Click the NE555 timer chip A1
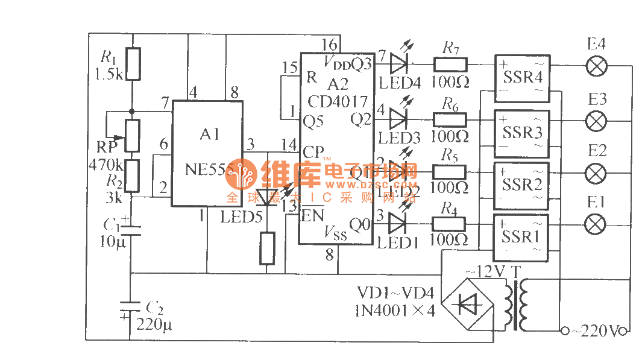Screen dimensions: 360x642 pyautogui.click(x=207, y=154)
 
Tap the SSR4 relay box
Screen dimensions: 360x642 pyautogui.click(x=522, y=78)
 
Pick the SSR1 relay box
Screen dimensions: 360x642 pyautogui.click(x=522, y=238)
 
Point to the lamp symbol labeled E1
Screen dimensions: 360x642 pyautogui.click(x=596, y=225)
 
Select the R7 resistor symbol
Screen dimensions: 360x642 pyautogui.click(x=450, y=64)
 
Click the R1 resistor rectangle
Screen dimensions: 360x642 pyautogui.click(x=134, y=64)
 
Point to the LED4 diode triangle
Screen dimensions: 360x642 pyautogui.click(x=400, y=63)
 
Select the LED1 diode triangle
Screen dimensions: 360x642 pyautogui.click(x=398, y=224)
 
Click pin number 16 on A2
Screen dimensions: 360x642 pyautogui.click(x=329, y=44)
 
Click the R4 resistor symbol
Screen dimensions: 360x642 pyautogui.click(x=450, y=224)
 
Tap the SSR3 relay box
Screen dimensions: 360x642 pyautogui.click(x=522, y=132)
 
